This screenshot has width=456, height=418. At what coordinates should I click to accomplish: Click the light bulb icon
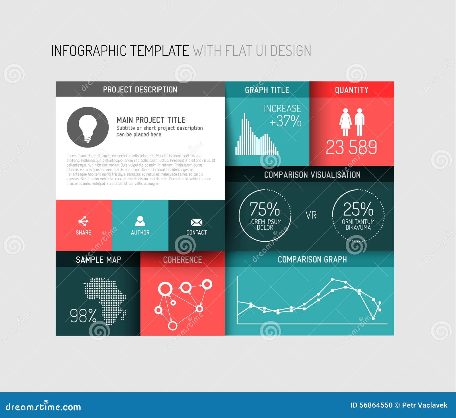87,127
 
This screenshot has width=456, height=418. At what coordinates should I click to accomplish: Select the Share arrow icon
83,221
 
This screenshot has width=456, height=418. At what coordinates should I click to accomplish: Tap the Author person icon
140,221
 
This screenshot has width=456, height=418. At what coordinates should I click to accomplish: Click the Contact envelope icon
196,222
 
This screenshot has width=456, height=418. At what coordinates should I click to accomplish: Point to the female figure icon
345,122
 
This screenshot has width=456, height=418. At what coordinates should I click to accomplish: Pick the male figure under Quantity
359,122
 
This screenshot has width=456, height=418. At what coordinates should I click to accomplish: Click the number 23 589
351,147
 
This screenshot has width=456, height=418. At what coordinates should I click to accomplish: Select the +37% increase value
285,121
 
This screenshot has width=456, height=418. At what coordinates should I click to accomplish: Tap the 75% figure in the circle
265,209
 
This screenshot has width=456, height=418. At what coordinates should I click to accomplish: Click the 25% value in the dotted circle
358,209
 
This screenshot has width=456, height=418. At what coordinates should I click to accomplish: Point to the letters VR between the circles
311,215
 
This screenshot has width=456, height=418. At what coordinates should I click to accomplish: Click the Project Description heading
140,90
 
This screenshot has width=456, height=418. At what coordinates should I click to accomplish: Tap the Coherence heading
182,260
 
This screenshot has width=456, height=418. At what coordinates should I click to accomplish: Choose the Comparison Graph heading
312,259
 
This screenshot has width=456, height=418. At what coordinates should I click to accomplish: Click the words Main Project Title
151,120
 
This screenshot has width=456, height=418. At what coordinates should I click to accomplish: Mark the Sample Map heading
98,260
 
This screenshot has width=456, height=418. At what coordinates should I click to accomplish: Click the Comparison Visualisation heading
312,175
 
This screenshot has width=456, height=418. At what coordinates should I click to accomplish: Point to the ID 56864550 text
371,405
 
